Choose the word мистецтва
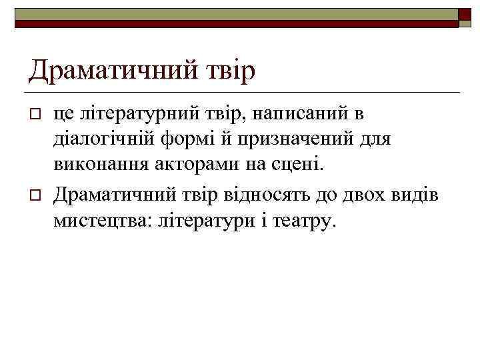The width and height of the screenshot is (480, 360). (x=102, y=221)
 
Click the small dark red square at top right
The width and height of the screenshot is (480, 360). (x=465, y=15)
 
